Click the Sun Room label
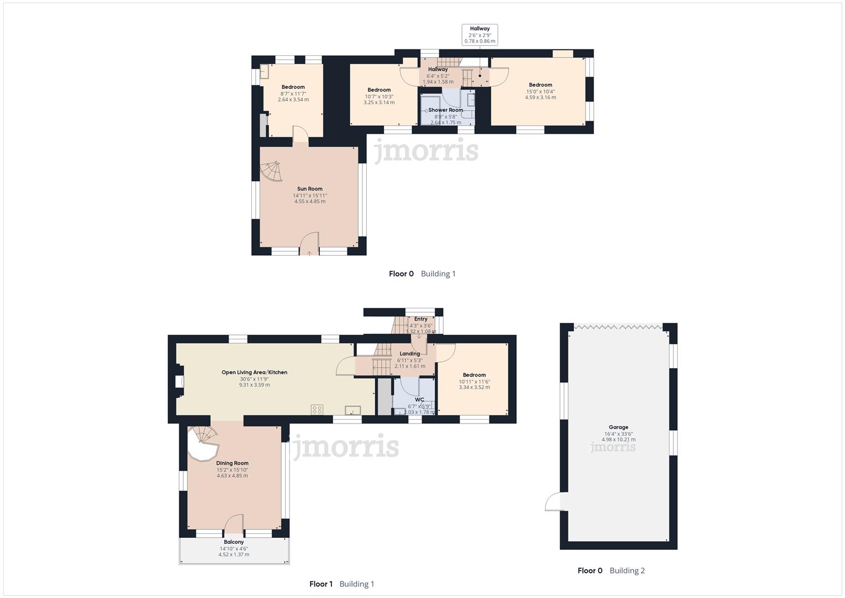click(309, 189)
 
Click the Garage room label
click(618, 427)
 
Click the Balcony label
click(234, 542)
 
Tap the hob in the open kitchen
click(317, 410)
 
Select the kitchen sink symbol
click(352, 410)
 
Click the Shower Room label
click(445, 110)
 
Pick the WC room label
click(419, 400)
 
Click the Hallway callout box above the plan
click(480, 34)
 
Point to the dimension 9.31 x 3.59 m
click(255, 385)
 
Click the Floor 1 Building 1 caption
click(341, 584)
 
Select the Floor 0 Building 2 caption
click(611, 570)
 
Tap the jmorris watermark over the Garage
click(613, 447)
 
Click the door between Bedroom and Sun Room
click(299, 135)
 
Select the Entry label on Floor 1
click(421, 319)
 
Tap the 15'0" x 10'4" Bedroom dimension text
click(540, 91)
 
